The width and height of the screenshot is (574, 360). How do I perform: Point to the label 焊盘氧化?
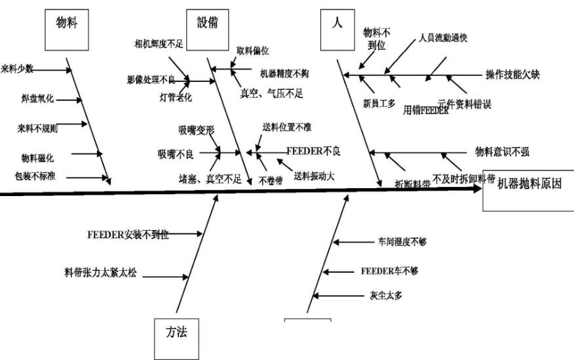tap(37, 99)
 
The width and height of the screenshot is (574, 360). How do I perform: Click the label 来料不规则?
tap(37, 128)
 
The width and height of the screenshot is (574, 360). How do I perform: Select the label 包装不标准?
tap(35, 176)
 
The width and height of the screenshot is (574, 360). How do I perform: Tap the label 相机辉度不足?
tap(158, 45)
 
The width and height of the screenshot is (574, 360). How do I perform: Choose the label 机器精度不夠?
tap(284, 73)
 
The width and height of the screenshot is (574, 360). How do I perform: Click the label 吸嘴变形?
tap(197, 130)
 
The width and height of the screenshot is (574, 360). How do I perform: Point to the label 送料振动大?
tap(315, 176)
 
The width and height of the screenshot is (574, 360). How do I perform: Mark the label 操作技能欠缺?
tap(513, 74)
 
